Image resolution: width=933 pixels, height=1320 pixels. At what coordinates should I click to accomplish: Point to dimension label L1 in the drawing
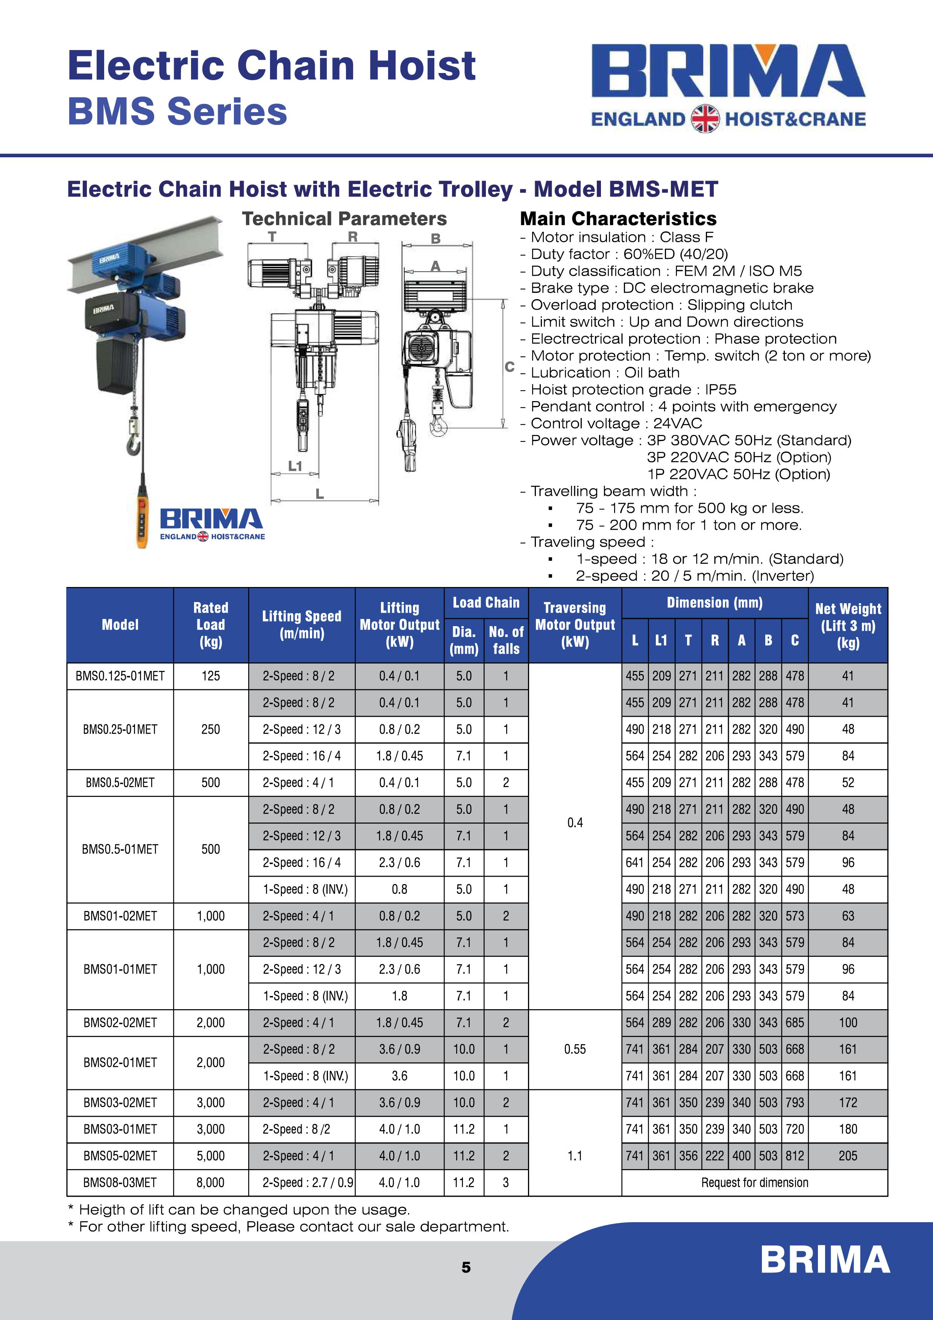(295, 466)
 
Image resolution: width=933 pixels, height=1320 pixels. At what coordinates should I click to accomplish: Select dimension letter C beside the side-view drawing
(509, 366)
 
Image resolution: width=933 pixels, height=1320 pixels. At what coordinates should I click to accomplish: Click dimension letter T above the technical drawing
(272, 237)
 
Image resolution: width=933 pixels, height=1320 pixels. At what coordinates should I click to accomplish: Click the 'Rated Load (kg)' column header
(210, 625)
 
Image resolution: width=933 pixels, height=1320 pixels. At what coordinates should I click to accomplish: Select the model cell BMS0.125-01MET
(120, 676)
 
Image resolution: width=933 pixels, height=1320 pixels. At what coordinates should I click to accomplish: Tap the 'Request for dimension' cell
(754, 1183)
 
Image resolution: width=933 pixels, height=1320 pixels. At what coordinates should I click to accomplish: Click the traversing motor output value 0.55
(575, 1049)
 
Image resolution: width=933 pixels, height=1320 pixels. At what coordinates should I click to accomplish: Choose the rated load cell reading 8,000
(210, 1183)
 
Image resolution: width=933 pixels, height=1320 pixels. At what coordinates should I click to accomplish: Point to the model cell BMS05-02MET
(120, 1156)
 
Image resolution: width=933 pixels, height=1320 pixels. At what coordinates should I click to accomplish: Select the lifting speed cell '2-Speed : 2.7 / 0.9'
(302, 1183)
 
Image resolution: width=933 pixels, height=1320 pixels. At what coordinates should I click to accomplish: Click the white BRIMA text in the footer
(825, 1260)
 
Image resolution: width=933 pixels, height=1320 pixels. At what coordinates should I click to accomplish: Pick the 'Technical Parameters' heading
(344, 219)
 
